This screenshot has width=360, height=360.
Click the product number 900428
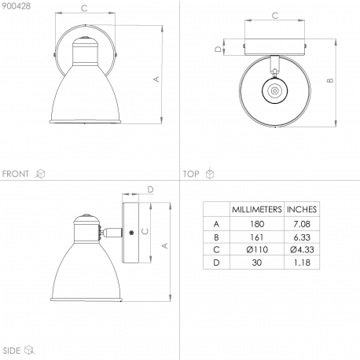coord(17,6)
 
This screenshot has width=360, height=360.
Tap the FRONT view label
coord(16,174)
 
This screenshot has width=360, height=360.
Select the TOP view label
coord(191,174)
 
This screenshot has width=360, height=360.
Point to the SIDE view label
coord(12,351)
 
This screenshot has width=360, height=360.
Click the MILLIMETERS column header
coord(257,209)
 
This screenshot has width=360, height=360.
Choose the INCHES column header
coord(302,209)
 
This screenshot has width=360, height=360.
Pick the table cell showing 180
coord(257,224)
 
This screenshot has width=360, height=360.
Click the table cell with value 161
coord(257,237)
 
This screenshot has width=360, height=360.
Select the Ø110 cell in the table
coord(257,249)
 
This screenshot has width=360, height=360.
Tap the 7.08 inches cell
coord(302,224)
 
